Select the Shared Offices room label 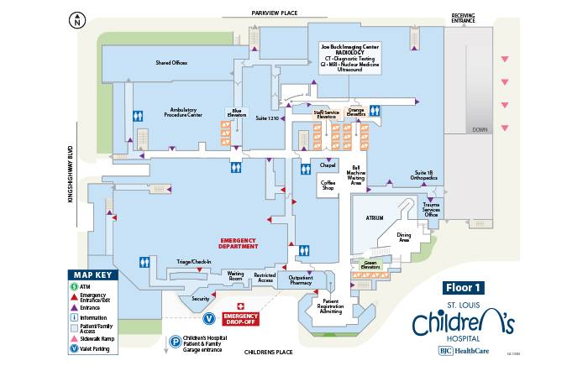(x=171, y=63)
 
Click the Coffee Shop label (x=328, y=185)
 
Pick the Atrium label (x=374, y=217)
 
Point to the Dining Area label (x=403, y=238)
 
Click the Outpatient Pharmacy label (x=300, y=280)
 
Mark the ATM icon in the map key (x=74, y=286)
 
